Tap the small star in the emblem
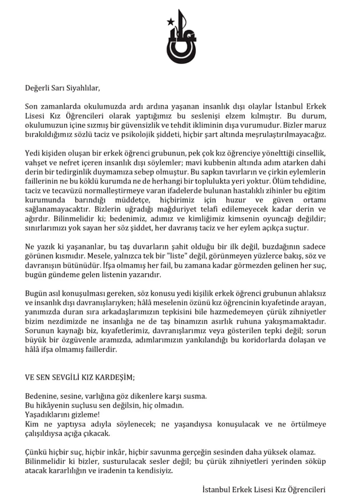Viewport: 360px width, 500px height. click(168, 22)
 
